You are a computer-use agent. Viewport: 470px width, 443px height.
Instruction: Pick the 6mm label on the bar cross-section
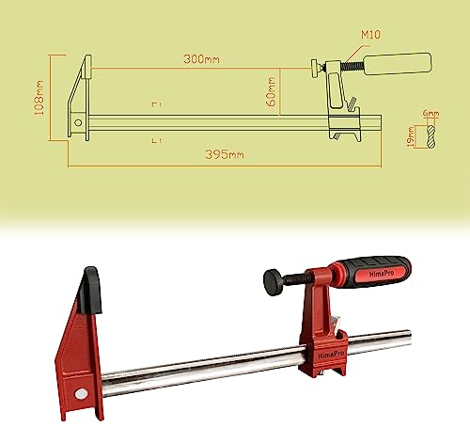pos(431,114)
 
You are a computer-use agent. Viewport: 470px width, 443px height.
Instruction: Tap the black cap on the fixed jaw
pos(90,287)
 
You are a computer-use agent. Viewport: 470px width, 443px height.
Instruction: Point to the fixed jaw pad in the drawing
pos(86,69)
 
